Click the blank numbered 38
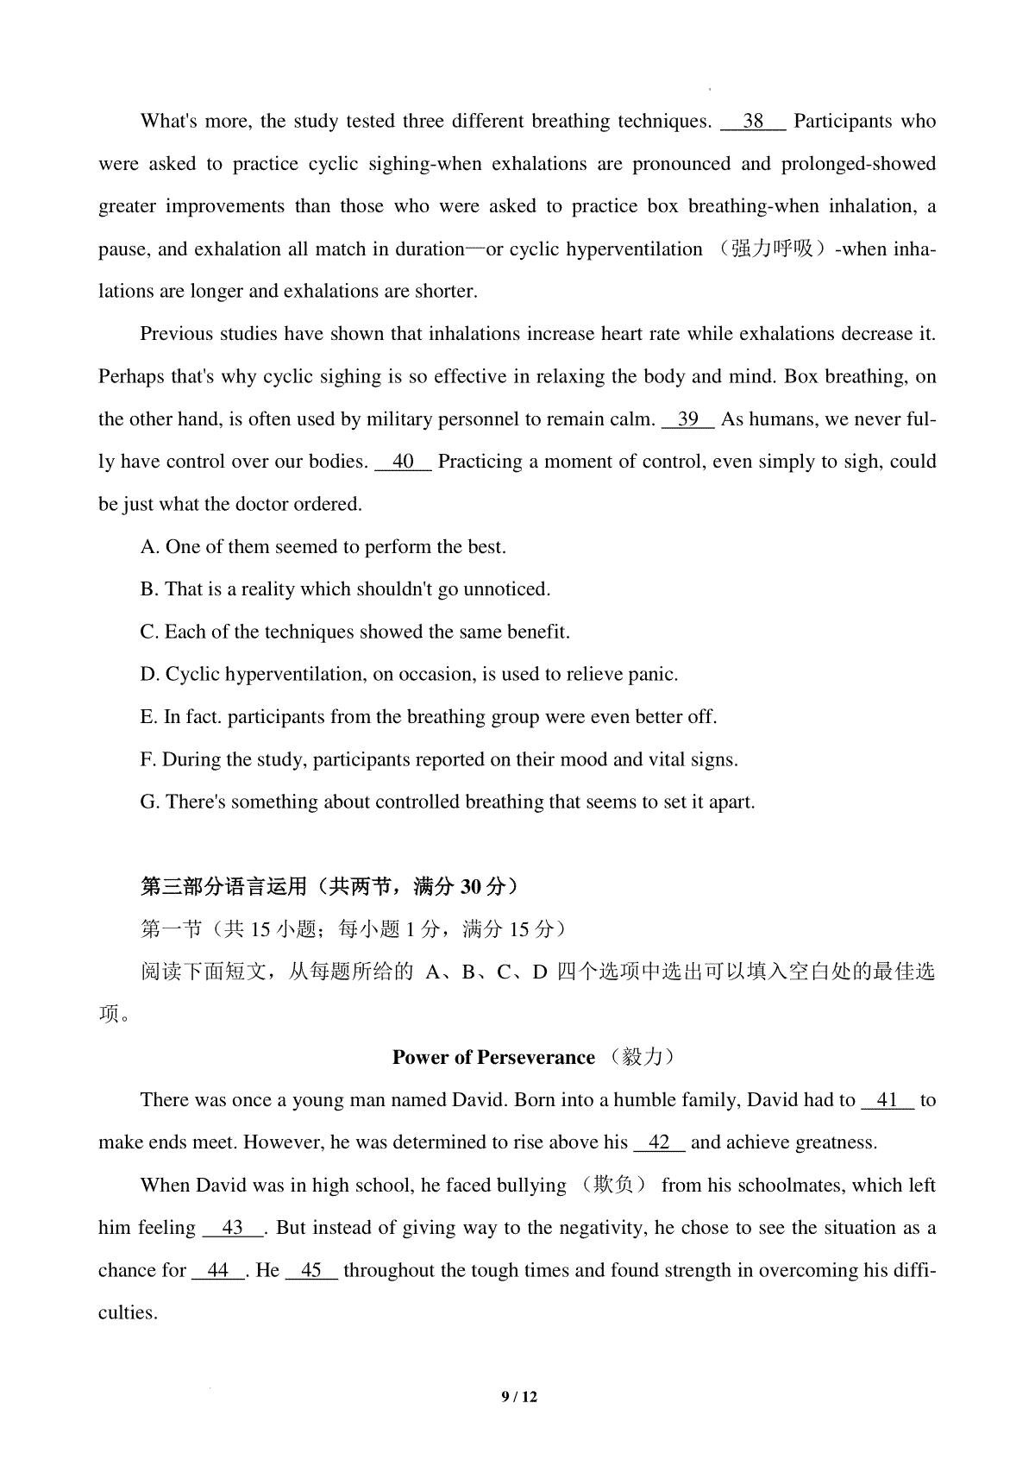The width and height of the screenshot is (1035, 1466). (x=753, y=122)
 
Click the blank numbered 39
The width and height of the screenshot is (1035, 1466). (x=687, y=420)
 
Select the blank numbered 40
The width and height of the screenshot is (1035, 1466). (x=403, y=462)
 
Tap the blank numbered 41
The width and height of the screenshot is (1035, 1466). (x=887, y=1101)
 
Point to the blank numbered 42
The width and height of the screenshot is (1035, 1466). (x=659, y=1143)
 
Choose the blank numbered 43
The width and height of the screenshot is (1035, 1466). (x=233, y=1229)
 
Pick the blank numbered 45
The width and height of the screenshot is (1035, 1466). (x=311, y=1271)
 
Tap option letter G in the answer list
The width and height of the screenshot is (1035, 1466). (x=148, y=802)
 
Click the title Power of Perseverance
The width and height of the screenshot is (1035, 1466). (x=493, y=1058)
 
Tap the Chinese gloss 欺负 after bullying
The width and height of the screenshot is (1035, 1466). (x=614, y=1186)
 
